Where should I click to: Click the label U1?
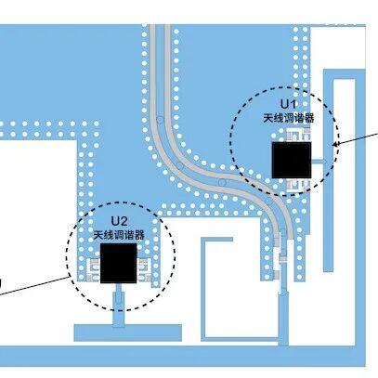pyautogui.click(x=289, y=104)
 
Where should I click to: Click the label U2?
pyautogui.click(x=120, y=221)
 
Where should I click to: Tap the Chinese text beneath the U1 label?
pyautogui.click(x=289, y=118)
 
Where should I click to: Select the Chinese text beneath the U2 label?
pyautogui.click(x=119, y=236)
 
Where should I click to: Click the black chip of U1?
pyautogui.click(x=292, y=160)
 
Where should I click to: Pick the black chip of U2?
pyautogui.click(x=119, y=263)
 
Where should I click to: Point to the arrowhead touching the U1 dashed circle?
pyautogui.click(x=335, y=143)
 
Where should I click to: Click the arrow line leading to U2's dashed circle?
pyautogui.click(x=34, y=285)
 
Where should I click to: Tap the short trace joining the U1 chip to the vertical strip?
pyautogui.click(x=319, y=162)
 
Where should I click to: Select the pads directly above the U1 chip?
pyautogui.click(x=298, y=135)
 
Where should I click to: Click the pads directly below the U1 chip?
pyautogui.click(x=298, y=185)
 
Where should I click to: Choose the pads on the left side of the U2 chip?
pyautogui.click(x=94, y=270)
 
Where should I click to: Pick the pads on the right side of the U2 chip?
pyautogui.click(x=144, y=270)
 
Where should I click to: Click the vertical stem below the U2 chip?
pyautogui.click(x=119, y=306)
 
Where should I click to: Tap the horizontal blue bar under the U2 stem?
pyautogui.click(x=127, y=332)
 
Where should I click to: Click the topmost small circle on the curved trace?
pyautogui.click(x=160, y=120)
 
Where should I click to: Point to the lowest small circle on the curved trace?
pyautogui.click(x=221, y=182)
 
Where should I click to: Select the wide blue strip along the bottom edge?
pyautogui.click(x=183, y=356)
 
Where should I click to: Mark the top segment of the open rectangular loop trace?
pyautogui.click(x=216, y=240)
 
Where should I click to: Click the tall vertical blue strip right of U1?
pyautogui.click(x=328, y=171)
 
